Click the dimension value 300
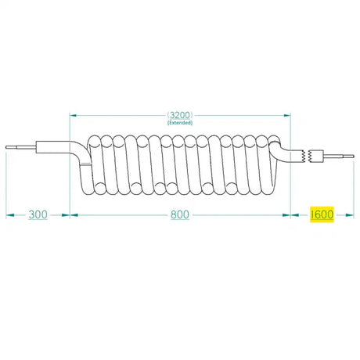click(38, 214)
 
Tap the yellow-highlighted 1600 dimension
click(322, 214)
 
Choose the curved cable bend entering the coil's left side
click(81, 152)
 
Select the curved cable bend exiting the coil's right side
click(280, 149)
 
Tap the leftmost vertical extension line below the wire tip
click(6, 184)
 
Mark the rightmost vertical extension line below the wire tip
click(354, 188)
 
